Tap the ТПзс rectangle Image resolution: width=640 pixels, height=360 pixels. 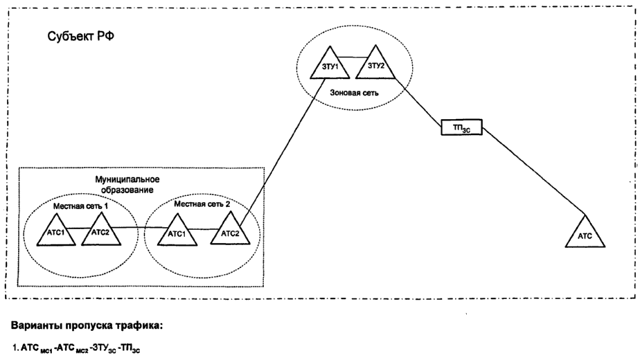(x=461, y=127)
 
